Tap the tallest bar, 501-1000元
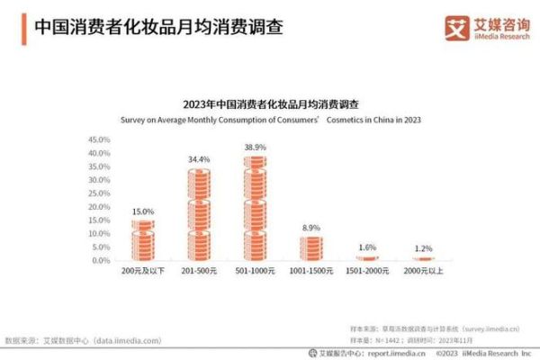pyautogui.click(x=255, y=209)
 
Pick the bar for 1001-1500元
pyautogui.click(x=311, y=247)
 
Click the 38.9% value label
pyautogui.click(x=255, y=147)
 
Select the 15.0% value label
pyautogui.click(x=142, y=211)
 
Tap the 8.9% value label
pyautogui.click(x=311, y=229)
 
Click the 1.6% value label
pyautogui.click(x=367, y=247)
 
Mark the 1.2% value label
pyautogui.click(x=423, y=248)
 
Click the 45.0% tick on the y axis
pyautogui.click(x=99, y=140)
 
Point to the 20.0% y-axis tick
pyautogui.click(x=99, y=207)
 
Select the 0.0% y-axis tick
pyautogui.click(x=101, y=260)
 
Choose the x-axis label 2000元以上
pyautogui.click(x=423, y=272)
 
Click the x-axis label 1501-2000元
pyautogui.click(x=367, y=272)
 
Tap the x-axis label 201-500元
pyautogui.click(x=199, y=272)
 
